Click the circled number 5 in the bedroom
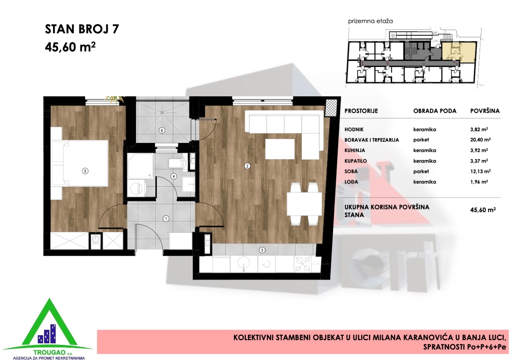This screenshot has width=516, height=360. [x=85, y=171]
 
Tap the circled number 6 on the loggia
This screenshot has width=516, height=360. [x=162, y=131]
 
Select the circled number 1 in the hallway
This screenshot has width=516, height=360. [x=166, y=219]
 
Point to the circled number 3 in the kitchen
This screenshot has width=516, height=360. [x=262, y=250]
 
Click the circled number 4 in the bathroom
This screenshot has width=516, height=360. [x=174, y=176]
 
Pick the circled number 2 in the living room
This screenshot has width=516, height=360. [x=248, y=166]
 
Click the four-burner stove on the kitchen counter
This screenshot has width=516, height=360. [x=303, y=263]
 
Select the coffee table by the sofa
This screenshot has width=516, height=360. [x=280, y=149]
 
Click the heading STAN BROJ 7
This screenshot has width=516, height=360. [x=82, y=29]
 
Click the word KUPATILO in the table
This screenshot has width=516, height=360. [x=356, y=161]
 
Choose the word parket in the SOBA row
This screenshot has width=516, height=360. [x=421, y=171]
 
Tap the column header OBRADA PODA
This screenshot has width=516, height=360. [x=435, y=111]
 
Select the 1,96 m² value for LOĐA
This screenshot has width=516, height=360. [x=479, y=182]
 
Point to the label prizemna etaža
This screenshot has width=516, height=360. [x=370, y=21]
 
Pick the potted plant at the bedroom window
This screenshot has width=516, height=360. [x=114, y=100]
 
